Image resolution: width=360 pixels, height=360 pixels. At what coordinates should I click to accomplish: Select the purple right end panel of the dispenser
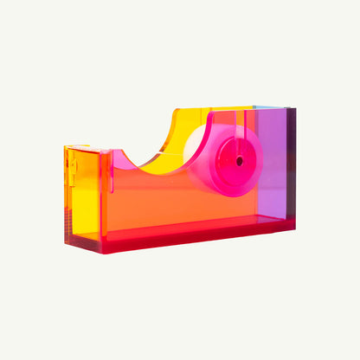[x=276, y=164]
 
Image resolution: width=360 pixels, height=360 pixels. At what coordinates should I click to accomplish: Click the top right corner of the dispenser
[x=294, y=109]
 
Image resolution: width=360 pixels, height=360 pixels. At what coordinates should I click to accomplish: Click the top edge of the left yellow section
[x=87, y=147]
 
